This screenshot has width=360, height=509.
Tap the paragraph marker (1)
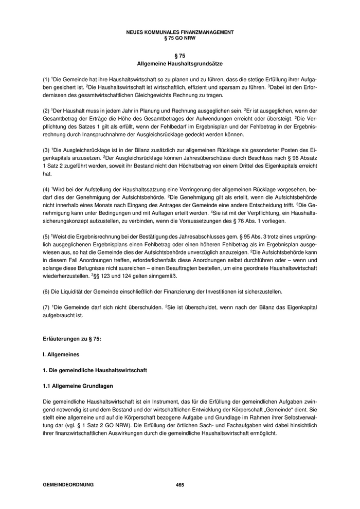46,81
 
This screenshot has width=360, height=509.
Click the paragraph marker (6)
46,292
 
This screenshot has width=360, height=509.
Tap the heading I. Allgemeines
61,355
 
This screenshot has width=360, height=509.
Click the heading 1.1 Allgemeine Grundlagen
78,386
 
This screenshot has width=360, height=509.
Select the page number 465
180,485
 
